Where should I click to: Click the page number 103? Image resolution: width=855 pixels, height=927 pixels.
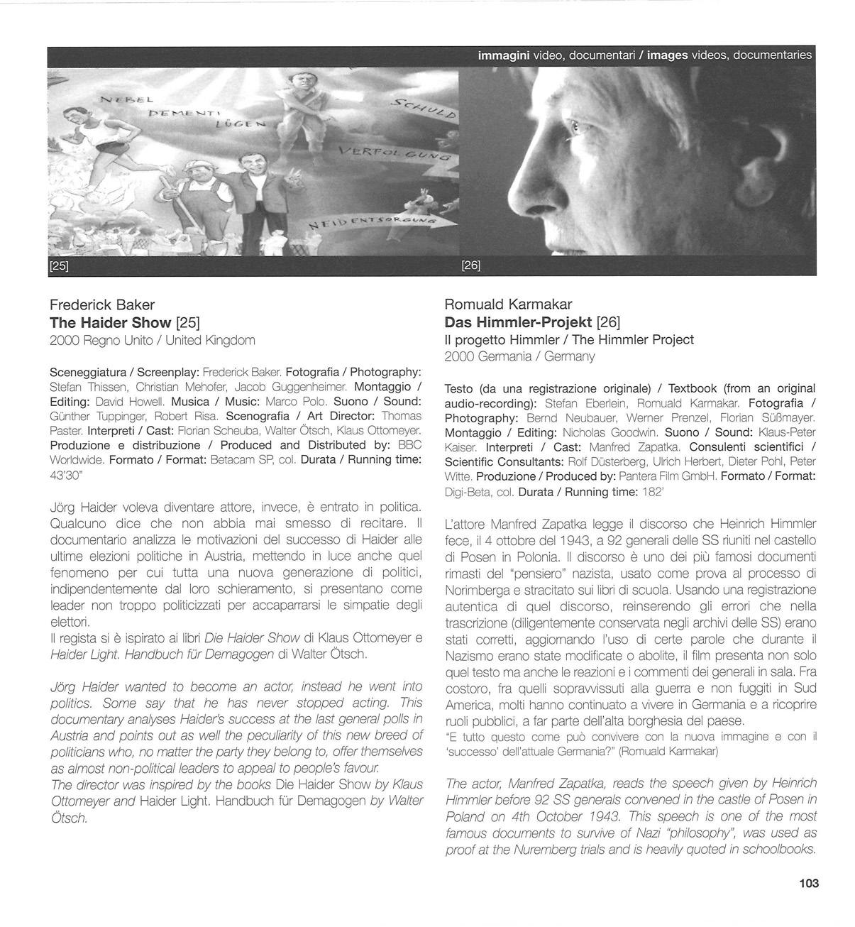point(808,884)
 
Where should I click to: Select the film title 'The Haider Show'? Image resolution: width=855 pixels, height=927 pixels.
point(111,323)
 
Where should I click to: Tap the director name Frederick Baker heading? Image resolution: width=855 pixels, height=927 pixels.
point(102,305)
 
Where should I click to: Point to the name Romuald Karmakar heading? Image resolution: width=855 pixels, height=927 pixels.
point(508,305)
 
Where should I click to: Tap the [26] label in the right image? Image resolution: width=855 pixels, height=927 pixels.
point(470,265)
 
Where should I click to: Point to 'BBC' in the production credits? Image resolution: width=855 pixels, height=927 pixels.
point(409,446)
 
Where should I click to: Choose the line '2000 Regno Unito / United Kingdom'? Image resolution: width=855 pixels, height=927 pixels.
point(153,341)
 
